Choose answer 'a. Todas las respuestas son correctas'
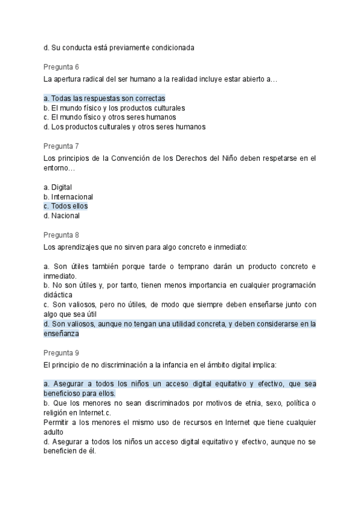[104, 98]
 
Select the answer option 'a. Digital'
[58, 187]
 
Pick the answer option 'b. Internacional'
[68, 196]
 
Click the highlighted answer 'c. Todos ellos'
[66, 206]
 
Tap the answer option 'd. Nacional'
[62, 215]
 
